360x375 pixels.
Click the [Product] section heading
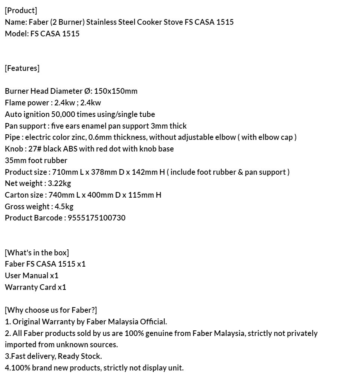tap(21, 10)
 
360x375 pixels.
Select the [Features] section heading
tap(22, 68)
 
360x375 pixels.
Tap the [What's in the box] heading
tap(37, 252)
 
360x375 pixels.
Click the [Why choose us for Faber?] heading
tap(51, 310)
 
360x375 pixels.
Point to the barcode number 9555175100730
tap(96, 218)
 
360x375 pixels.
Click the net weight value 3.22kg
tap(59, 183)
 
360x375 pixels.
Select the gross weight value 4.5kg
tap(64, 207)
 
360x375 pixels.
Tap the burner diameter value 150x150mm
tap(115, 91)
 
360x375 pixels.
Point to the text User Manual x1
tap(31, 276)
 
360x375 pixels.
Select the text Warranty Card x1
tap(35, 287)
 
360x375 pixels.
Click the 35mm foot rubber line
tap(36, 160)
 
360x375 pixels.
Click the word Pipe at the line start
tap(12, 137)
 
